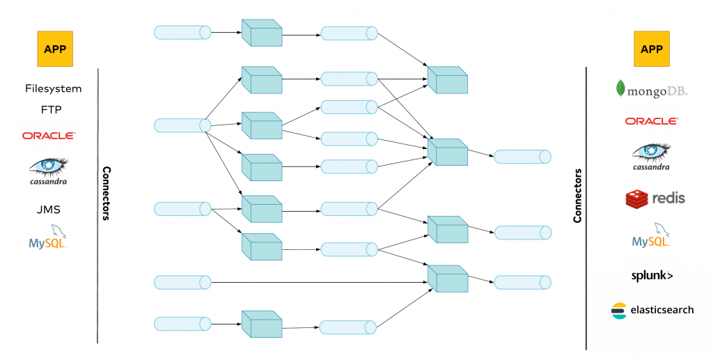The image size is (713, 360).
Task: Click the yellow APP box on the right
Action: (x=652, y=49)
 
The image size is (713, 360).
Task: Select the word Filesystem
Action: (x=53, y=89)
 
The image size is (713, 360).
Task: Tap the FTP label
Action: (x=53, y=110)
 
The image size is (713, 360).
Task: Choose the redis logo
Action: (x=655, y=198)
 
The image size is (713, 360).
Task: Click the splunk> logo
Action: (x=652, y=276)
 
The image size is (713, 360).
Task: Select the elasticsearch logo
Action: (x=652, y=310)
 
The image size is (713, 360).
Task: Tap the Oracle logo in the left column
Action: (x=49, y=136)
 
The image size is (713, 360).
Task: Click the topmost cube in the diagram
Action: (x=261, y=33)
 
